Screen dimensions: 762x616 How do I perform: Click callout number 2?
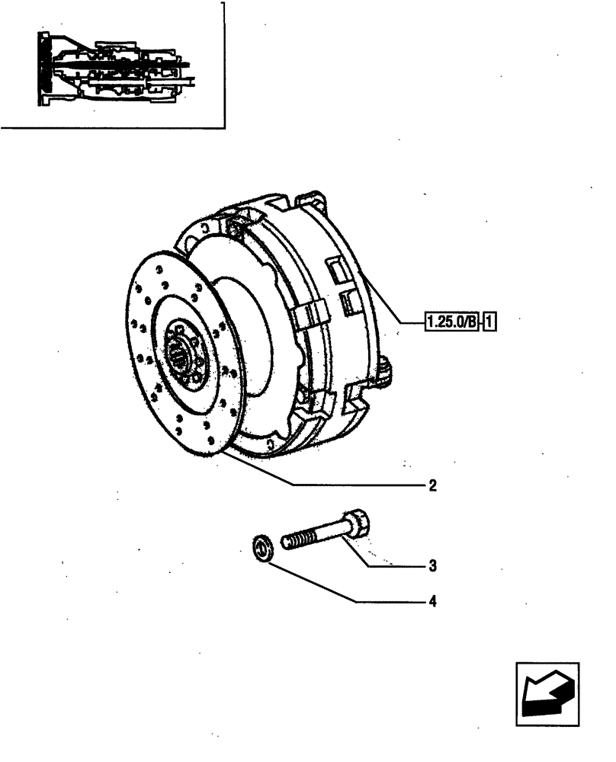(x=432, y=485)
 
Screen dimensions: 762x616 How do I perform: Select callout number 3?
(x=432, y=565)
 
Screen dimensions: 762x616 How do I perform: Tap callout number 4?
(x=432, y=602)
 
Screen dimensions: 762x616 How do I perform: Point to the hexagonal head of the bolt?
(x=358, y=525)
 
